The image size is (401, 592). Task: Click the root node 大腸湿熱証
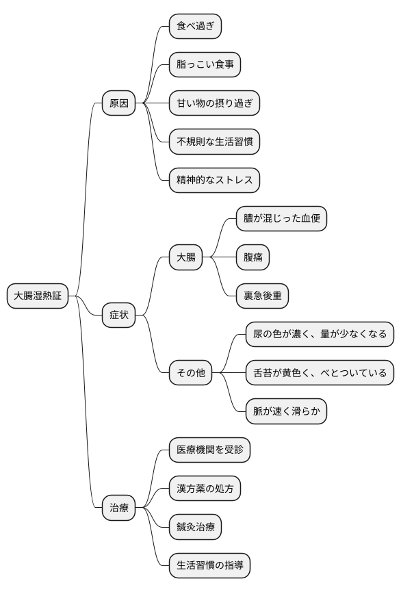38,296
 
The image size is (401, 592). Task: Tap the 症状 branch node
118,315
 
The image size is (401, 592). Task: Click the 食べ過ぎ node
195,27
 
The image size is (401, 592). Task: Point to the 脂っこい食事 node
205,65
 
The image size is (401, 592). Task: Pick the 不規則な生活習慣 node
214,142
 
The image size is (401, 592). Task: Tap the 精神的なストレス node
214,180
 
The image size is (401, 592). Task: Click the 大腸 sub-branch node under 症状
185,257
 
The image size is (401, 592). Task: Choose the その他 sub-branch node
190,373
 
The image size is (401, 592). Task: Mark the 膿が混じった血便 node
281,219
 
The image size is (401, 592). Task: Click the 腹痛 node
253,257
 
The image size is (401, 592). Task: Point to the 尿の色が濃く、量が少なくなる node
320,335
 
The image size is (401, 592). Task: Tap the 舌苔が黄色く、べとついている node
320,373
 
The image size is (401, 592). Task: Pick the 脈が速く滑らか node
286,411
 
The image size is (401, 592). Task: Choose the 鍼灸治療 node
195,527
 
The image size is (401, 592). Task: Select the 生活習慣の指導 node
209,565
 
